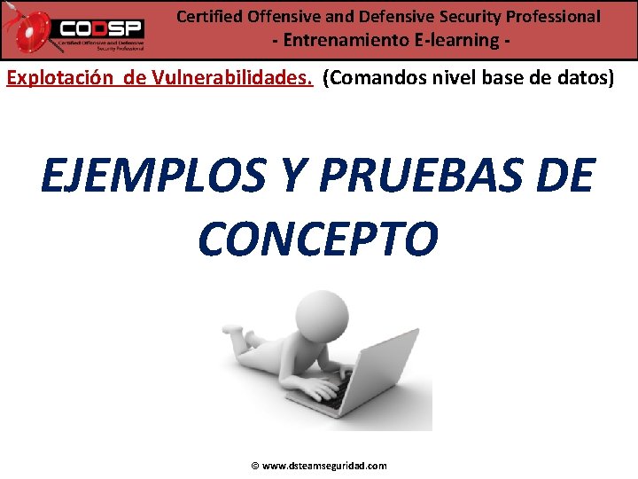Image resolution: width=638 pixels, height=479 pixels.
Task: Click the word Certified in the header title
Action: coord(207,16)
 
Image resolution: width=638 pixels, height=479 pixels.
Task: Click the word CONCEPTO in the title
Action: coord(317,237)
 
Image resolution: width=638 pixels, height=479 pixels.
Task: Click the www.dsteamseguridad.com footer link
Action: coord(324,466)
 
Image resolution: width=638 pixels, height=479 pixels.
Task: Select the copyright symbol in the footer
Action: coord(254,466)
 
